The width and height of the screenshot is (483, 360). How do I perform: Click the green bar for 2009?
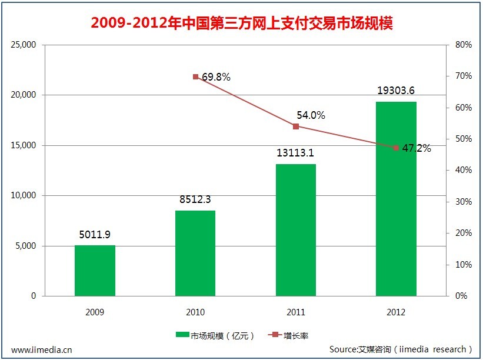pos(95,271)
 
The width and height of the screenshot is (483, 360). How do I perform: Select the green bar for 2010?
pos(195,253)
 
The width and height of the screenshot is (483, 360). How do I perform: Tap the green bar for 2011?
pos(296,229)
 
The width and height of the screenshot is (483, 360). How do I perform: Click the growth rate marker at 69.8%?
pos(195,76)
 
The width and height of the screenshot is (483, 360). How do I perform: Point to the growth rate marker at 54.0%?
pos(296,126)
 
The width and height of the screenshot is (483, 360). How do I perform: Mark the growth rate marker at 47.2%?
pos(396,148)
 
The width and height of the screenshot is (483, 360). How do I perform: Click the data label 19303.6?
pos(396,91)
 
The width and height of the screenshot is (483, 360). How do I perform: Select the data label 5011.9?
pos(95,234)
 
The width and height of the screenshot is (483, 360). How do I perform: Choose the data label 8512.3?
pos(195,199)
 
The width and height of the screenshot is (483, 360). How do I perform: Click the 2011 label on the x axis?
pos(296,312)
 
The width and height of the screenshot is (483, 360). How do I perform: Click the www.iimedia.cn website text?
pos(42,349)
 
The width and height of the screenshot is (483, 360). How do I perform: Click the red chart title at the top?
pos(241,24)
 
